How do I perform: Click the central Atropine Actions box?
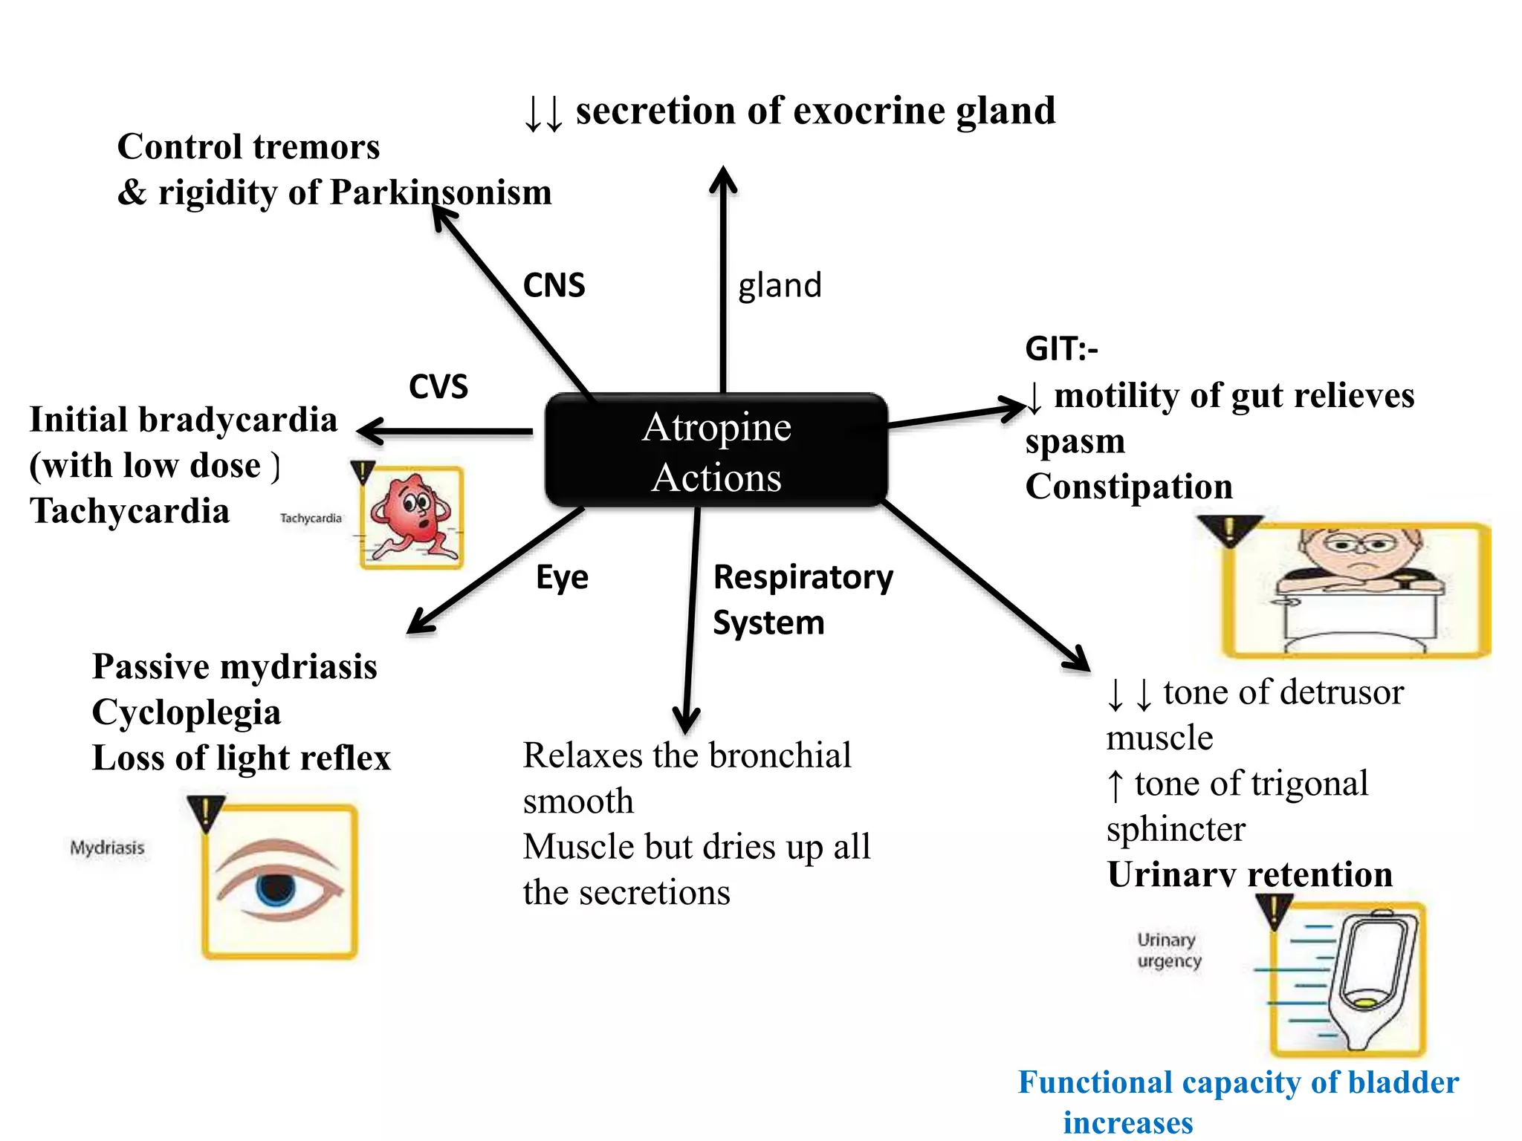pyautogui.click(x=716, y=451)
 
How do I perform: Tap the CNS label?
pyautogui.click(x=554, y=285)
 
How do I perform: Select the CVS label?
pyautogui.click(x=438, y=386)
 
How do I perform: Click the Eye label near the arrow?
pyautogui.click(x=562, y=577)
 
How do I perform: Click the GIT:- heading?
pyautogui.click(x=1060, y=348)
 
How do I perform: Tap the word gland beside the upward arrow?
pyautogui.click(x=780, y=285)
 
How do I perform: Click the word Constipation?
pyautogui.click(x=1128, y=487)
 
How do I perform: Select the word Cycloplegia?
pyautogui.click(x=186, y=712)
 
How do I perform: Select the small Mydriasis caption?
pyautogui.click(x=107, y=848)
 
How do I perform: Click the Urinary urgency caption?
pyautogui.click(x=1168, y=950)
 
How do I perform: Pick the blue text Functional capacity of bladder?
pyautogui.click(x=1237, y=1083)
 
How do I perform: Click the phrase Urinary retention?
pyautogui.click(x=1249, y=874)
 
